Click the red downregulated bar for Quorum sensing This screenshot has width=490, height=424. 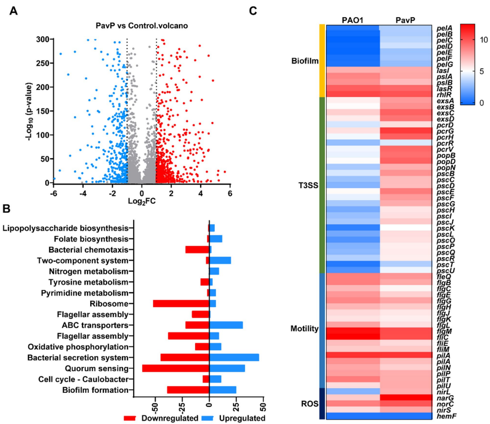pos(175,368)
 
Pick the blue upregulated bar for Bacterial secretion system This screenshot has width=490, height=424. pos(234,357)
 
